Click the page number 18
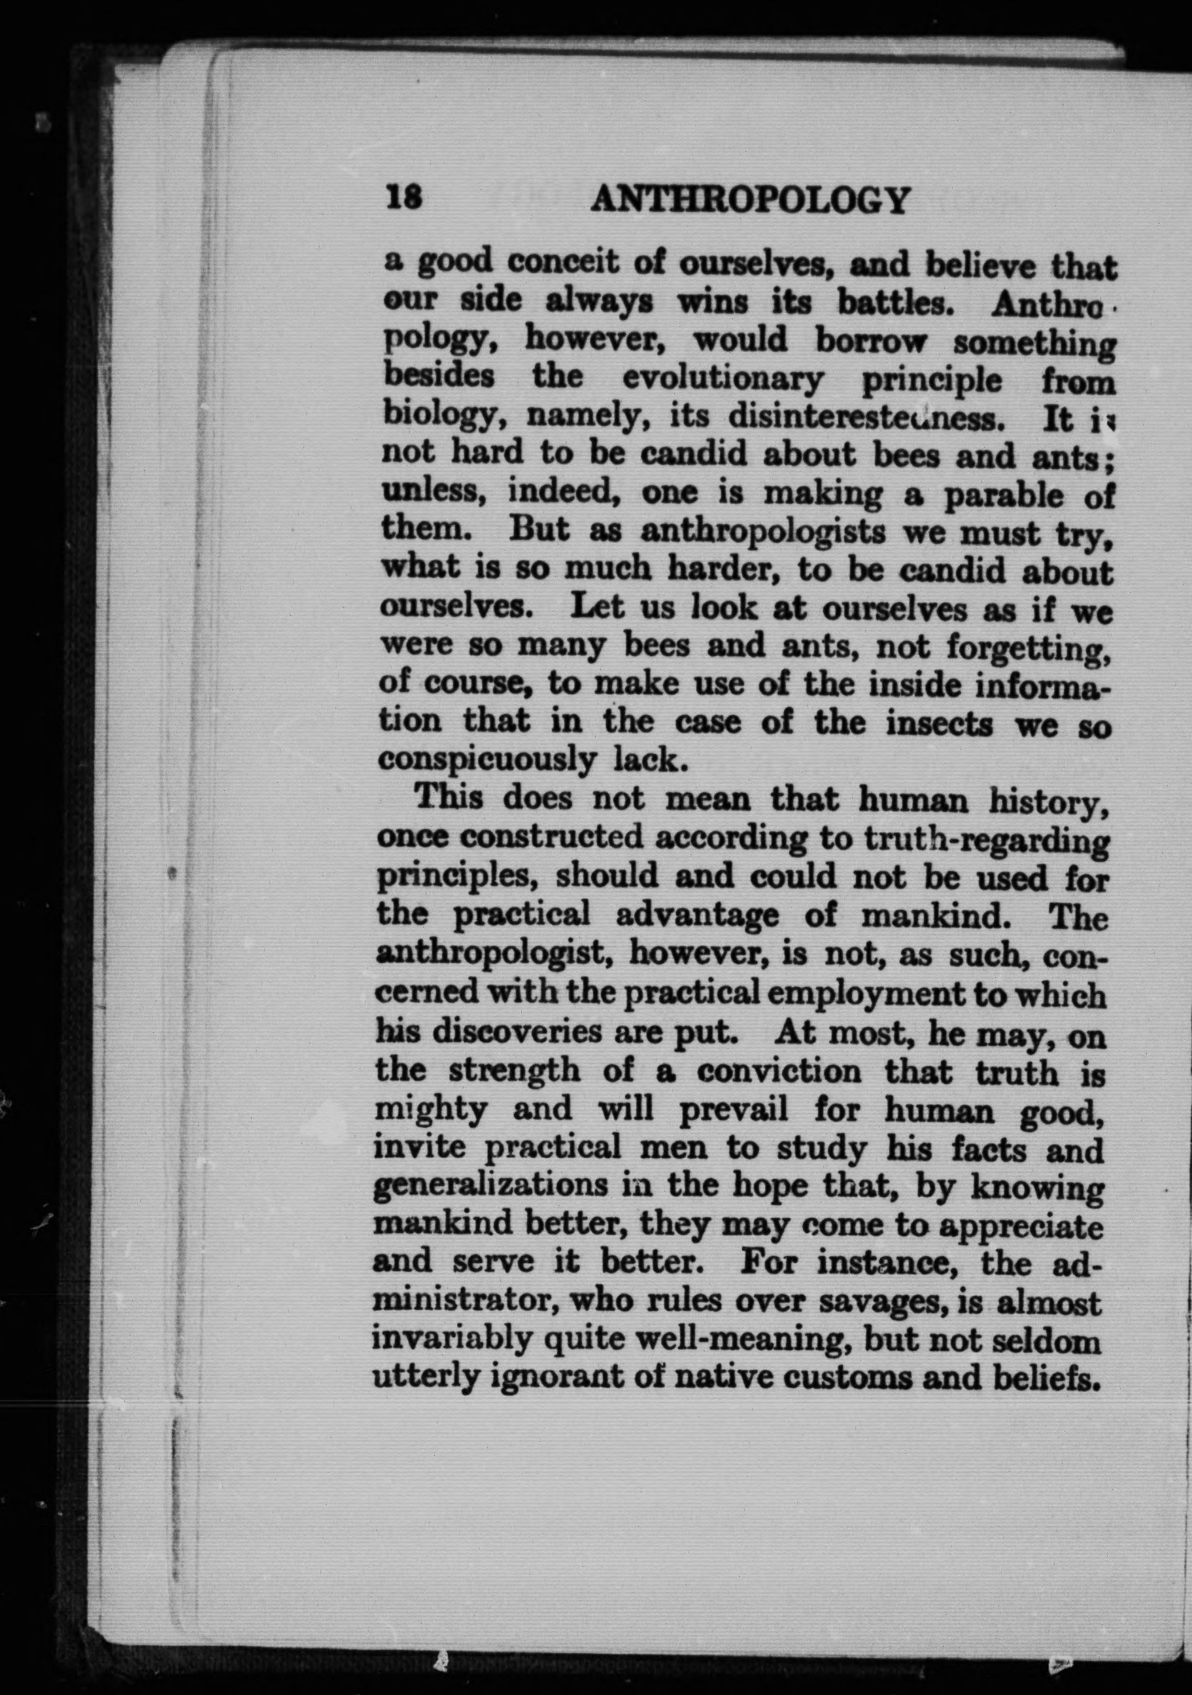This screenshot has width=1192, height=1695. tap(402, 200)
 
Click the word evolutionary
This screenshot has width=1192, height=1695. tap(723, 379)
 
